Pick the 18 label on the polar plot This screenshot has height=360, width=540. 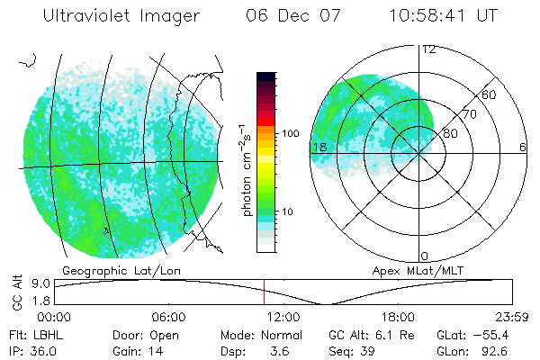tap(319, 147)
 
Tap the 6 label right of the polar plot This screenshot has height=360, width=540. tap(523, 147)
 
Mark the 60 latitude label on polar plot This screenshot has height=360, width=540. tap(490, 94)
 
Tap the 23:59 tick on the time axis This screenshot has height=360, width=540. tap(510, 316)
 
